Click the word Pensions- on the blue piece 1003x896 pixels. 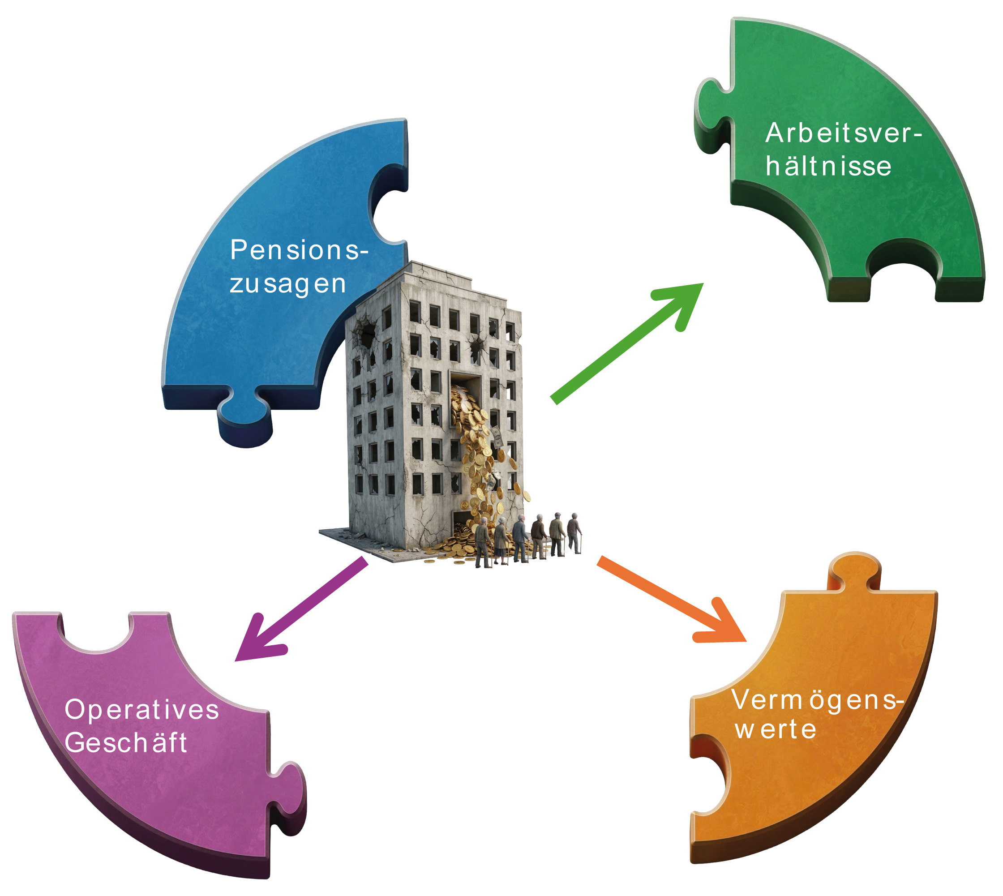click(299, 251)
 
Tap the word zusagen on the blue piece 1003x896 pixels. click(288, 284)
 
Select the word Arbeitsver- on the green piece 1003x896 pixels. click(843, 133)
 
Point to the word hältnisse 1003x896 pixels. click(828, 166)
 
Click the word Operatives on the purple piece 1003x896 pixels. click(142, 710)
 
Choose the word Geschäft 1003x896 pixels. click(126, 742)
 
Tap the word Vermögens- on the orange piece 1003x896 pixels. click(817, 700)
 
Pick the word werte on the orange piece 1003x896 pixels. click(776, 729)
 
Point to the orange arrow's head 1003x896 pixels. click(726, 628)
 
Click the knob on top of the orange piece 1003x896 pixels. click(854, 571)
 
